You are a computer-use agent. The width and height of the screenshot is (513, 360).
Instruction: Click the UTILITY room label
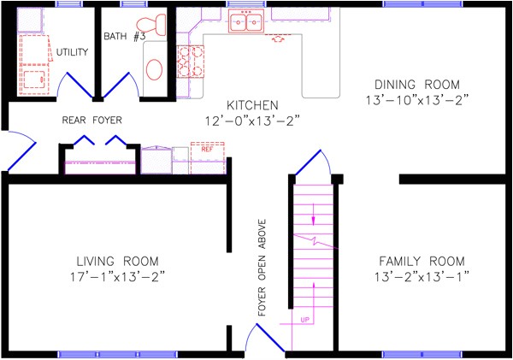tap(73, 52)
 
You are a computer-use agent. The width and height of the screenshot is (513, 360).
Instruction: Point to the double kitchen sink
tap(245, 23)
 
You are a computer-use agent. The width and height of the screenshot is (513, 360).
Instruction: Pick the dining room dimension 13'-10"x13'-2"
tap(418, 100)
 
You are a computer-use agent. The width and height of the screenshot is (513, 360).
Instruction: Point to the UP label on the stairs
tap(304, 320)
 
